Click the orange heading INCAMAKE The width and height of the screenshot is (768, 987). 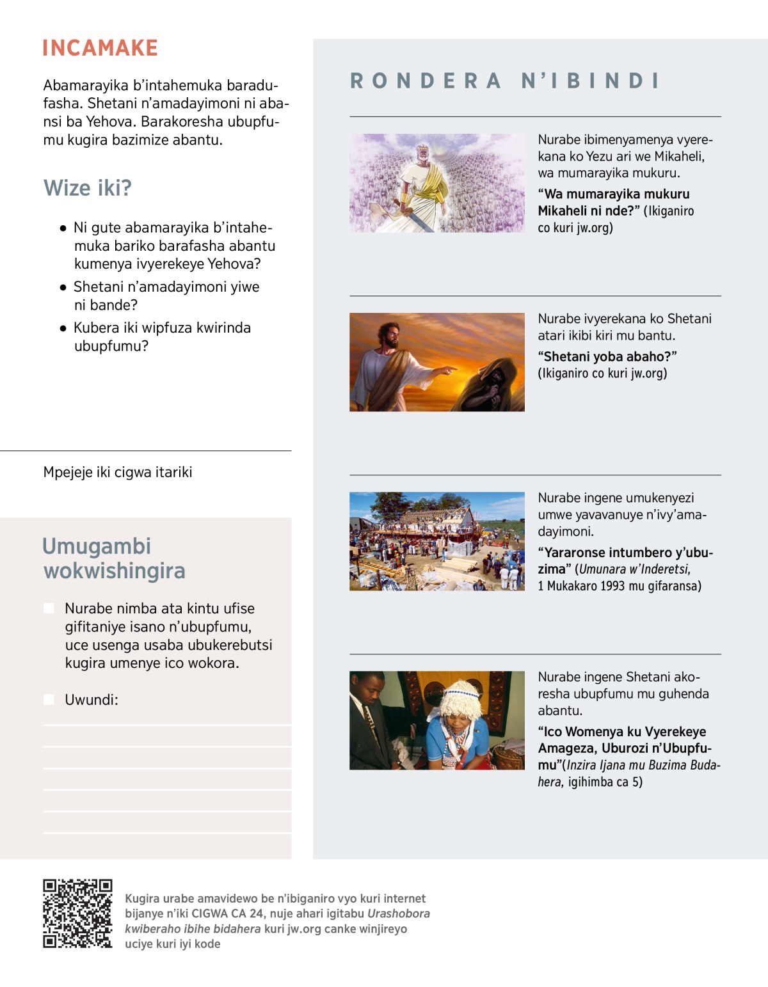click(100, 48)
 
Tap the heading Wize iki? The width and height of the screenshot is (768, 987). click(88, 188)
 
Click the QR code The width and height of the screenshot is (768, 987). click(77, 913)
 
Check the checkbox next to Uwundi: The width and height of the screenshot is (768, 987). click(49, 700)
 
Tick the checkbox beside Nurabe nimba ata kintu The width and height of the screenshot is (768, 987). click(49, 608)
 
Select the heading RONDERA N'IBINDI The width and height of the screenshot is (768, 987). click(504, 81)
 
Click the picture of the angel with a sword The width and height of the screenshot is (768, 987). click(437, 183)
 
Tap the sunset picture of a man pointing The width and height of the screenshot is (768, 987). click(437, 362)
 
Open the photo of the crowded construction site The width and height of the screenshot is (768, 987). click(437, 541)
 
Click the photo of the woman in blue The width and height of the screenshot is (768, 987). click(437, 720)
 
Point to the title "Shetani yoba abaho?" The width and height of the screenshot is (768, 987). click(607, 356)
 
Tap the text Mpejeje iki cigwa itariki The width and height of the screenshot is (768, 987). click(118, 472)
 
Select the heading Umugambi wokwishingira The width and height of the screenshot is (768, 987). click(114, 558)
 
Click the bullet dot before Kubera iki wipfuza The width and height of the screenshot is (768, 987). click(63, 328)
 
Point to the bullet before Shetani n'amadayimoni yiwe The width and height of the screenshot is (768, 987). click(63, 287)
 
